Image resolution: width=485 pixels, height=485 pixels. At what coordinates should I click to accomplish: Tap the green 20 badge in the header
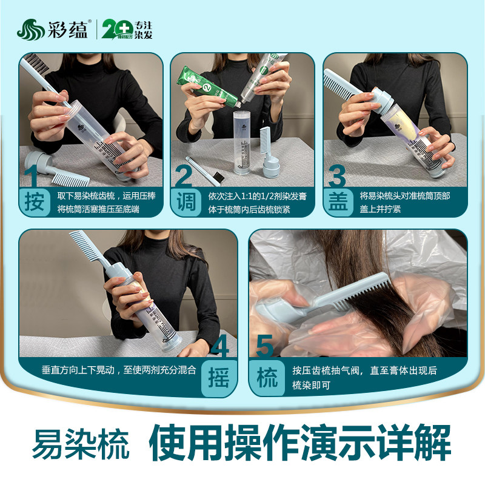click(115, 29)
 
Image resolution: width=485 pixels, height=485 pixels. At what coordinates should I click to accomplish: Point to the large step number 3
click(336, 176)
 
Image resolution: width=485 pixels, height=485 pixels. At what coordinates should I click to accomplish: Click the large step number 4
click(219, 347)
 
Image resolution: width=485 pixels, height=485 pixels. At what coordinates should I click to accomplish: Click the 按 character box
click(35, 202)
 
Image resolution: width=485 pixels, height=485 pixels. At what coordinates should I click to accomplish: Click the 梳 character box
click(267, 378)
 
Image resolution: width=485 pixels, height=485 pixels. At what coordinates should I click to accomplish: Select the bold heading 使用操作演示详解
click(300, 443)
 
